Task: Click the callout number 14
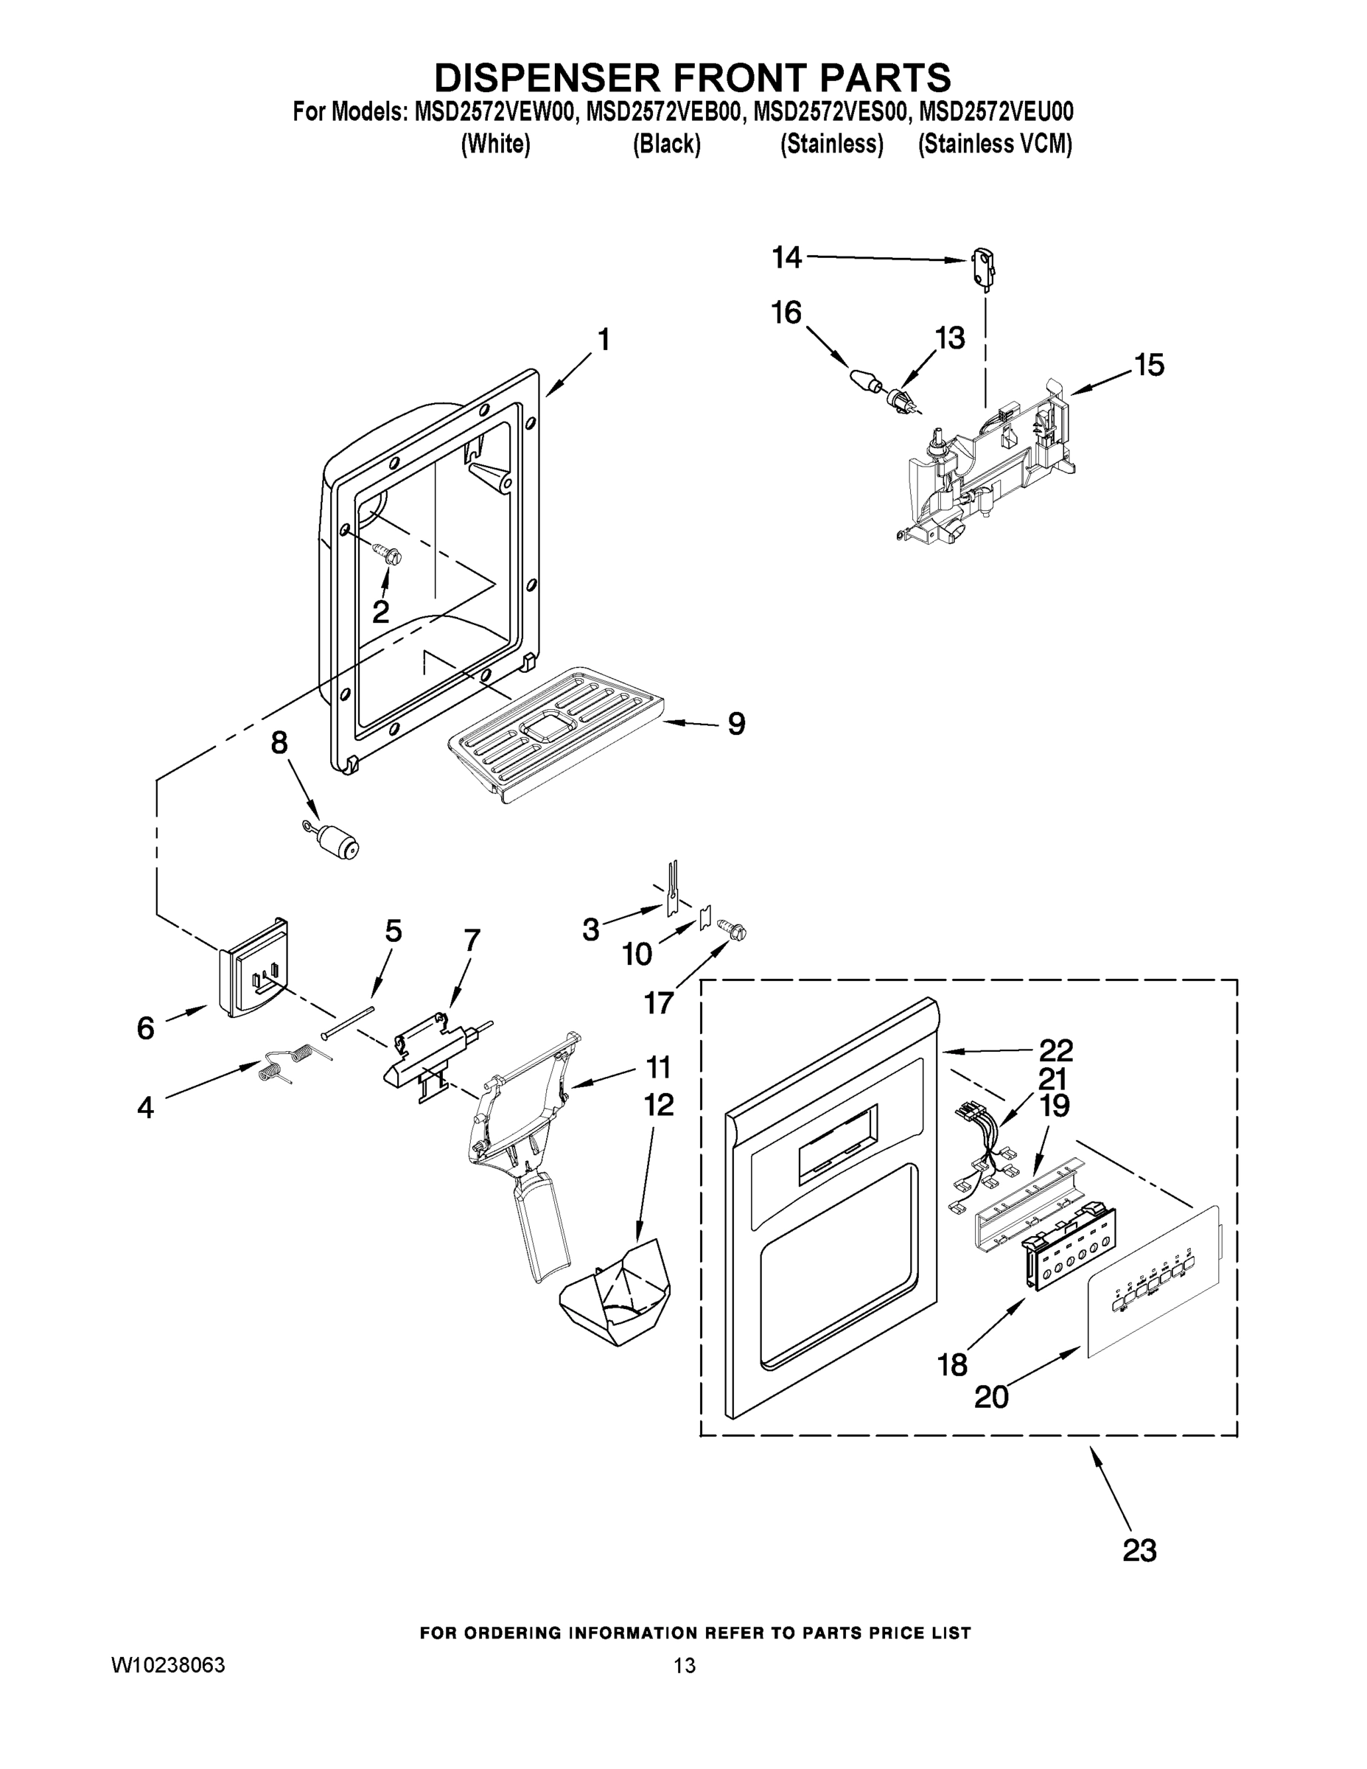786,257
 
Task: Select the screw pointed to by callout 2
388,554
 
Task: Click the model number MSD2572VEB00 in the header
663,112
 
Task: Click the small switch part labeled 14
982,269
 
